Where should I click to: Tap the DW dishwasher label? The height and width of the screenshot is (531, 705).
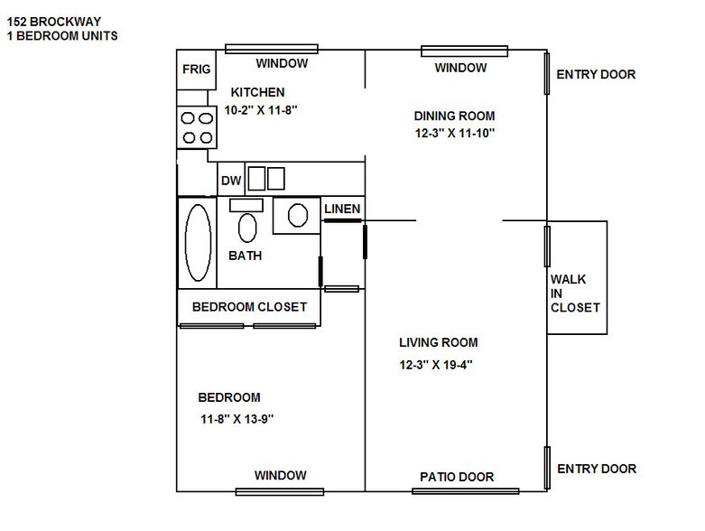[x=231, y=181]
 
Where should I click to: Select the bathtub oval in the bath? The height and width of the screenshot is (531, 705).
[x=198, y=243]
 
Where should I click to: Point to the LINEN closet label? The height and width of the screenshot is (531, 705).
[x=342, y=210]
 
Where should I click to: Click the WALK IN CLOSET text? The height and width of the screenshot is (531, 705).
[x=575, y=293]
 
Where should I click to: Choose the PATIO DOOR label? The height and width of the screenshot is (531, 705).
[x=457, y=478]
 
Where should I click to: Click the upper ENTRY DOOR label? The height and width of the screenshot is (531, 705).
[x=596, y=75]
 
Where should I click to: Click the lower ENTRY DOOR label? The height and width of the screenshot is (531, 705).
[x=597, y=469]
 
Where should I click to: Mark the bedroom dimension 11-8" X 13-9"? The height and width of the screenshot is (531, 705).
[x=237, y=418]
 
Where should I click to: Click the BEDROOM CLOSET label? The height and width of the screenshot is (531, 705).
[x=249, y=307]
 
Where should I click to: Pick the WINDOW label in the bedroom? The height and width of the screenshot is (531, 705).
[x=280, y=476]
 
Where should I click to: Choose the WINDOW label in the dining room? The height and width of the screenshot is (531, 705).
[x=460, y=68]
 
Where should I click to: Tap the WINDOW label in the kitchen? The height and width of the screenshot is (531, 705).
[x=282, y=63]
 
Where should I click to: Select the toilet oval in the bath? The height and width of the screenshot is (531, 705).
[x=246, y=226]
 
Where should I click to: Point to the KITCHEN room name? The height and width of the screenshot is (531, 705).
[x=258, y=92]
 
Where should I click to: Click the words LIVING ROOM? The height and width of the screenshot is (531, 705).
[x=439, y=342]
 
